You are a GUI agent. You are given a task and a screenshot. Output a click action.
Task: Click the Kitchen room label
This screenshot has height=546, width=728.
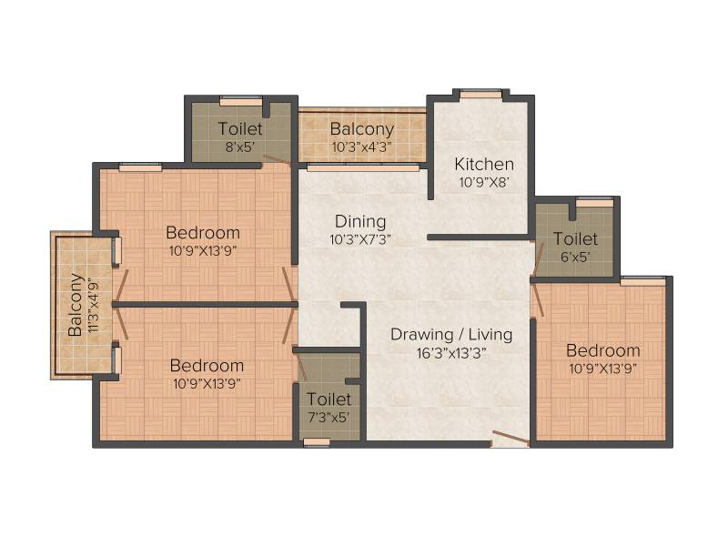click(x=484, y=165)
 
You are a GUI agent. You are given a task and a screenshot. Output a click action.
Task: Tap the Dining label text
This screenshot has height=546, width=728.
click(x=360, y=221)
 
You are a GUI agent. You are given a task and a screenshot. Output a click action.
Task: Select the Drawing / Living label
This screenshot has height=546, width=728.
click(x=451, y=334)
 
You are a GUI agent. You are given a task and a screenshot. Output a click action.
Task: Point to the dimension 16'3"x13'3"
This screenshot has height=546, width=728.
click(x=451, y=353)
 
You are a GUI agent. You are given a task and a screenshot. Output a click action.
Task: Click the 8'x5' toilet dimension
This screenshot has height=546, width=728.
click(x=240, y=147)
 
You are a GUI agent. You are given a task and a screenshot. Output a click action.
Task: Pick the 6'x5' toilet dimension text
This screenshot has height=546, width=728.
click(x=575, y=257)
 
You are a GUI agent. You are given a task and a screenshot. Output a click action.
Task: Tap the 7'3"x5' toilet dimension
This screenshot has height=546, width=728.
click(x=329, y=418)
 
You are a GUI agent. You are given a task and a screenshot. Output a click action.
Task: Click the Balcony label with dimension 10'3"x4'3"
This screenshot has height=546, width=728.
click(x=362, y=128)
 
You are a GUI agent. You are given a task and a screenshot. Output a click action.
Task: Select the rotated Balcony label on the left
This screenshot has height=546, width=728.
click(x=76, y=305)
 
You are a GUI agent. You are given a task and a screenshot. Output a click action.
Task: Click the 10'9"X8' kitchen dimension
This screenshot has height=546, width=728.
click(x=484, y=182)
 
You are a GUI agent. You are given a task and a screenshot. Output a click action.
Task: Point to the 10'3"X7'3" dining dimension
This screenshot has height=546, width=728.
click(x=360, y=239)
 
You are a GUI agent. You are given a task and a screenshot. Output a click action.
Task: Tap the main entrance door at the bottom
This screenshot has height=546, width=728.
click(x=511, y=438)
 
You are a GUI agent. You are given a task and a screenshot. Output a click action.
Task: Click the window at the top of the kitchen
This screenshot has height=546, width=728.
click(x=481, y=95)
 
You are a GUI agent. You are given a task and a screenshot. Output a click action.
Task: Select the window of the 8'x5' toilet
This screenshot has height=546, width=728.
click(x=241, y=101)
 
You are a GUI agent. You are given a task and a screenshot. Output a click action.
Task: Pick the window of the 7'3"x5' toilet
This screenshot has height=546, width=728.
click(x=317, y=442)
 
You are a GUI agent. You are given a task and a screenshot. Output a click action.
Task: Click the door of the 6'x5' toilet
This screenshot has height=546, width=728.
click(x=538, y=260)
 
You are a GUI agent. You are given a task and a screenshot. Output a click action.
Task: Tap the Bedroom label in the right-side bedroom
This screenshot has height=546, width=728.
click(x=603, y=350)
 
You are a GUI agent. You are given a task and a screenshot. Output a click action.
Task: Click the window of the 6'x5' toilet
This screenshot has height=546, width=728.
click(x=595, y=202)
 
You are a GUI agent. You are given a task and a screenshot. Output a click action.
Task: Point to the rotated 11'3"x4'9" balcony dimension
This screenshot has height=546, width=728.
click(x=94, y=305)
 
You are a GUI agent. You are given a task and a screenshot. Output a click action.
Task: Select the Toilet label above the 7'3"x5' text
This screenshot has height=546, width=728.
click(x=329, y=399)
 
